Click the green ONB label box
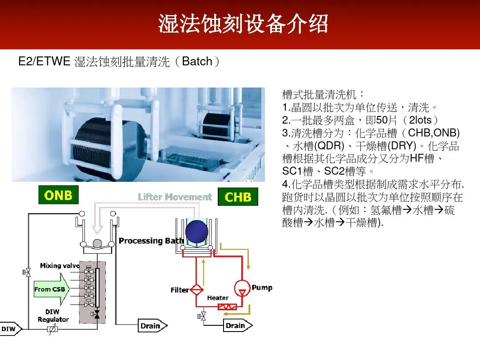click(x=58, y=195)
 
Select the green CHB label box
click(x=238, y=197)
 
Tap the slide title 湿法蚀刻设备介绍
click(x=243, y=24)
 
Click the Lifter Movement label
click(x=175, y=197)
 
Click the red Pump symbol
click(x=241, y=288)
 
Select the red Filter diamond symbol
click(x=196, y=290)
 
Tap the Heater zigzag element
click(x=225, y=307)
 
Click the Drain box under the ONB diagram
click(x=152, y=326)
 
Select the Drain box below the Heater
click(x=237, y=325)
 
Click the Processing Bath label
click(x=151, y=241)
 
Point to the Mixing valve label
click(x=60, y=266)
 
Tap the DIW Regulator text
click(x=53, y=316)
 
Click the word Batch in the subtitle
click(x=197, y=62)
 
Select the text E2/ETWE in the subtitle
click(x=44, y=62)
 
